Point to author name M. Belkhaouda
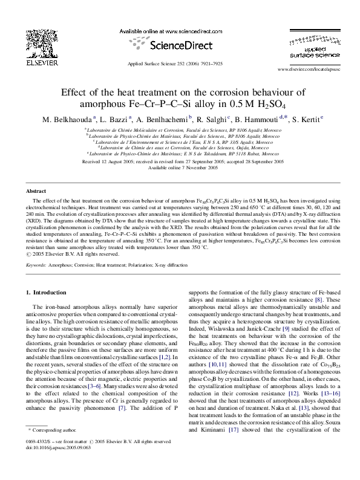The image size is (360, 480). [67, 119]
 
